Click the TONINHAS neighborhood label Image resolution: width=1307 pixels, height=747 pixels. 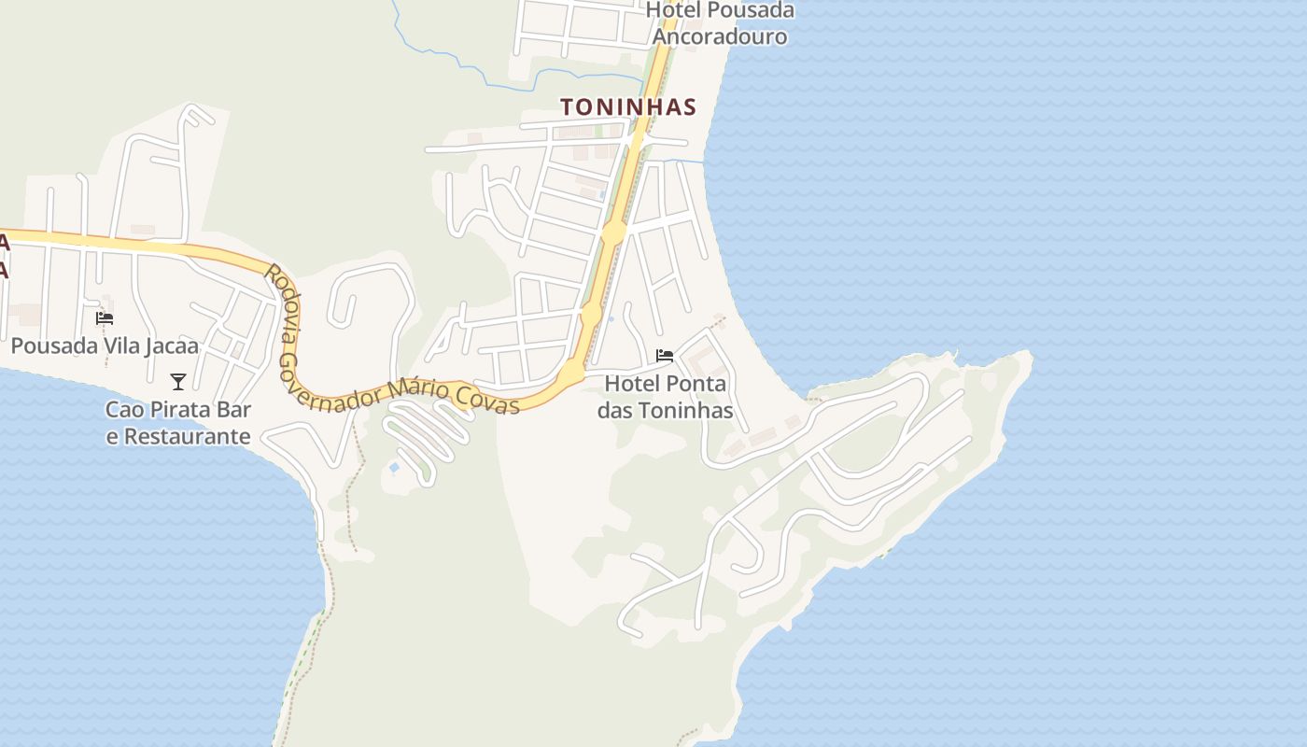coord(628,107)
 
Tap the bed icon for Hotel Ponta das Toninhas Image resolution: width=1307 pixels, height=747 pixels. coord(665,356)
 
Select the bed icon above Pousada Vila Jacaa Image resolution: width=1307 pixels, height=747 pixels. coord(105,318)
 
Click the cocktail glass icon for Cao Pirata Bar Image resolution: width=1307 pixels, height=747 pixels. coord(178,381)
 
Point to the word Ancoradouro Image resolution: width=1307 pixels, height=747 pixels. coord(720,36)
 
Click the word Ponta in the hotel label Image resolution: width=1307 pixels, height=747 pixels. coord(692,384)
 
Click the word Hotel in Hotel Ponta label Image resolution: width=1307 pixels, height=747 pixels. coord(628,384)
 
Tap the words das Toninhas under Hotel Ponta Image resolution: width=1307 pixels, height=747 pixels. coord(665,410)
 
